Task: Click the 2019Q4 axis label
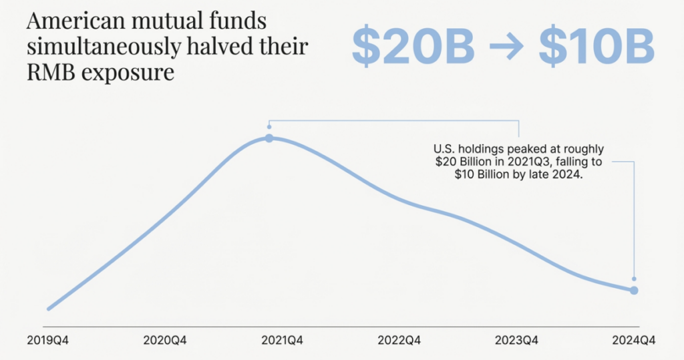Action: (x=48, y=341)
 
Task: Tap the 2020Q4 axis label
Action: (x=165, y=341)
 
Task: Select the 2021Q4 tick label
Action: (x=282, y=341)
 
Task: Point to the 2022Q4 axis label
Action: (x=399, y=341)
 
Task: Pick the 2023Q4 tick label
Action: (x=516, y=341)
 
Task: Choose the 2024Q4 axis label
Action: (x=634, y=341)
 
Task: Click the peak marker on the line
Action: (x=269, y=138)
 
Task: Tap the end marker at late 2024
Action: (x=634, y=290)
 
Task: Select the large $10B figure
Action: (x=596, y=47)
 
